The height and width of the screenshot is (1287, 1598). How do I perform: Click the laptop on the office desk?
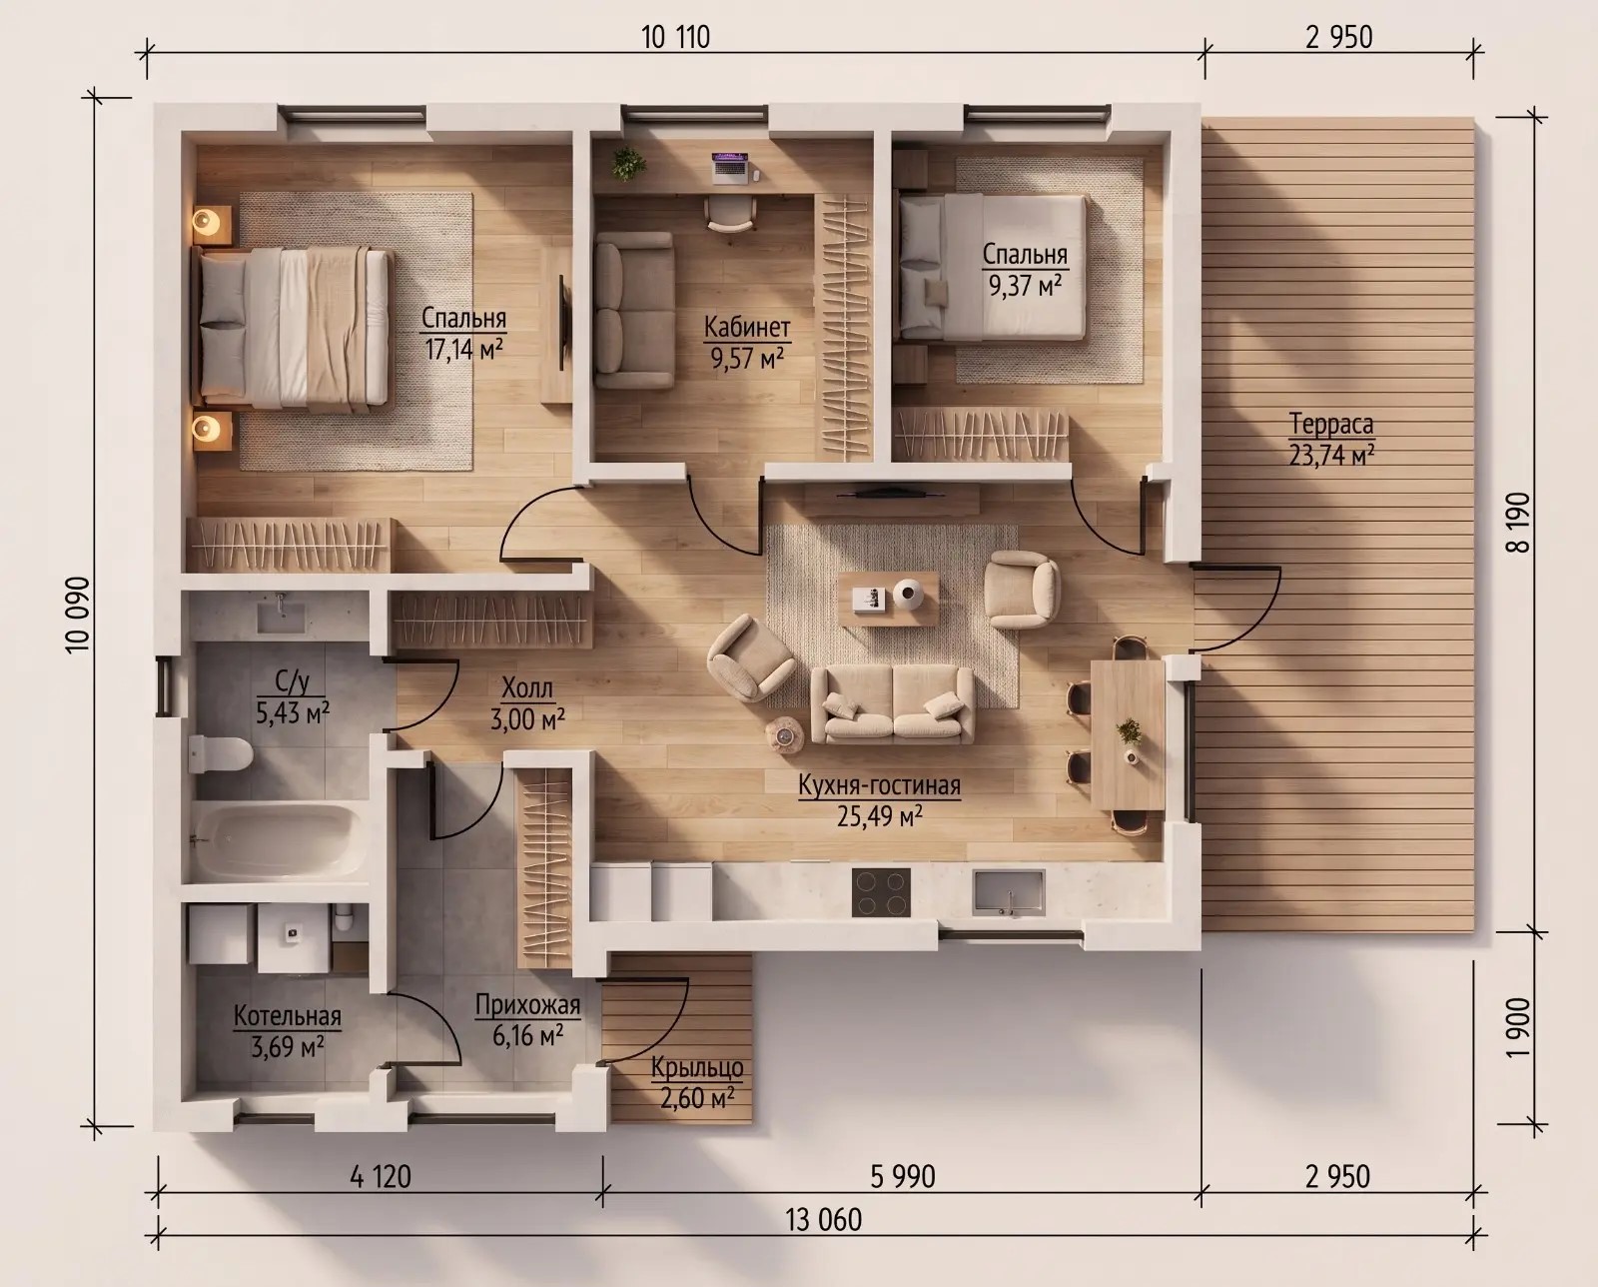729,167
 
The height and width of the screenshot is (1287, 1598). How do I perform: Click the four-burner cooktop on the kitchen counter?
881,892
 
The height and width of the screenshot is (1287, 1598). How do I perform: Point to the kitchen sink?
1009,891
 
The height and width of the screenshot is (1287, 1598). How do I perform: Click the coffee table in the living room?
888,599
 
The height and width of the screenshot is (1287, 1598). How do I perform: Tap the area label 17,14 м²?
464,349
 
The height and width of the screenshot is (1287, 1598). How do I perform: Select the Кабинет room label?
747,327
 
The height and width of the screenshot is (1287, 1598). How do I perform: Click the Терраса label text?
1331,424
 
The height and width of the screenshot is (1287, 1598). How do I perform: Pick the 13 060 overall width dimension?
824,1219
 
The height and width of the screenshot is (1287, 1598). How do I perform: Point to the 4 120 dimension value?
381,1176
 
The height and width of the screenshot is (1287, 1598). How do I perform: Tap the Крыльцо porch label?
697,1068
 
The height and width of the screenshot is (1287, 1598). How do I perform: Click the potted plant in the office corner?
628,163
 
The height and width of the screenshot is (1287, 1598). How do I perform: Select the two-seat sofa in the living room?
892,704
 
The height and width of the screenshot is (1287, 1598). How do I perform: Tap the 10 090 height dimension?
78,615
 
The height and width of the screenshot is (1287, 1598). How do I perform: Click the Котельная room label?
288,1016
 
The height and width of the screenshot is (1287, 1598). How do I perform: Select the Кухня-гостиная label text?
879,785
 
